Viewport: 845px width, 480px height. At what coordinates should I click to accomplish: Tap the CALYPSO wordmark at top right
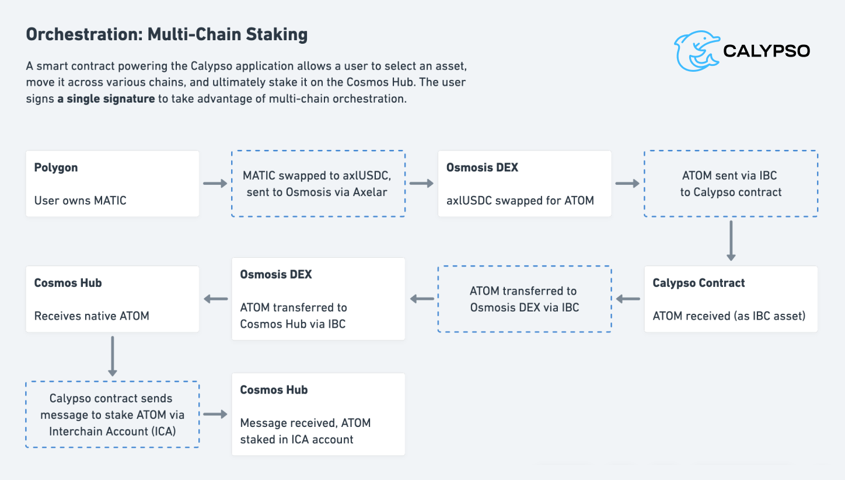766,51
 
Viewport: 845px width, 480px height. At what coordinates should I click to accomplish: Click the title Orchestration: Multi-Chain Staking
166,34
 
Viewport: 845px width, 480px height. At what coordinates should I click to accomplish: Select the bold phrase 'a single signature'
106,99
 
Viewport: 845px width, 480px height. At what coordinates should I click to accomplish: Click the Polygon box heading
56,167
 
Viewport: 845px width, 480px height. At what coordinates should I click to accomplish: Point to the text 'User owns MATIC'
81,200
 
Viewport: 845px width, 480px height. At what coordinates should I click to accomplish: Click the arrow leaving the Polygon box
215,184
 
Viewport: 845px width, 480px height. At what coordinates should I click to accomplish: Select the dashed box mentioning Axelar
318,184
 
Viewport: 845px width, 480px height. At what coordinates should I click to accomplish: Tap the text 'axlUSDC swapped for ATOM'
520,200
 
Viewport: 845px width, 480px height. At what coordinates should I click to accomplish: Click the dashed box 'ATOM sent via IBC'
731,184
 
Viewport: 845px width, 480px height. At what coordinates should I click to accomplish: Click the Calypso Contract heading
699,283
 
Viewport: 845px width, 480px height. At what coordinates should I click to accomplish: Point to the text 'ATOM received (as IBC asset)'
729,316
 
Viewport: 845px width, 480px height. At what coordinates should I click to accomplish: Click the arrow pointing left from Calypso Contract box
628,299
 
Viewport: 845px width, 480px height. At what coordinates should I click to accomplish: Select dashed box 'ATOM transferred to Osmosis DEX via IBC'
524,299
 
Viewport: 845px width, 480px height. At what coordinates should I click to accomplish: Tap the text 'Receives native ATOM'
92,316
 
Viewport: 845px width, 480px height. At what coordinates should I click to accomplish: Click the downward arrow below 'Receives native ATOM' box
113,356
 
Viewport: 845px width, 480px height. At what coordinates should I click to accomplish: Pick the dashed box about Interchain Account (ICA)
112,414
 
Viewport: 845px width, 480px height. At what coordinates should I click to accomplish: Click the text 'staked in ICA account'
296,439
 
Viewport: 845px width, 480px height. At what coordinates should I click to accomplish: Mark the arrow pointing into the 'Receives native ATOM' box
215,299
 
